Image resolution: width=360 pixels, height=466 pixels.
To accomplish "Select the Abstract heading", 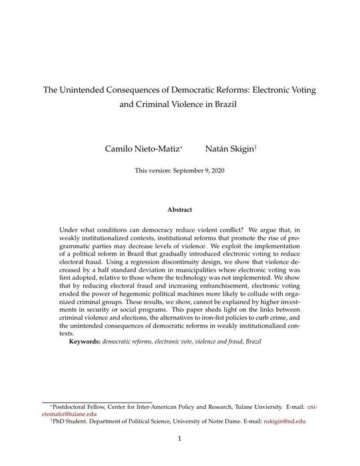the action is point(180,210).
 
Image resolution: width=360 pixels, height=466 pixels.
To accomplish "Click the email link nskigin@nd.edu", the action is point(284,421).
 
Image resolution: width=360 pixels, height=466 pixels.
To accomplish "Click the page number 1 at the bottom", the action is point(180,439).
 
